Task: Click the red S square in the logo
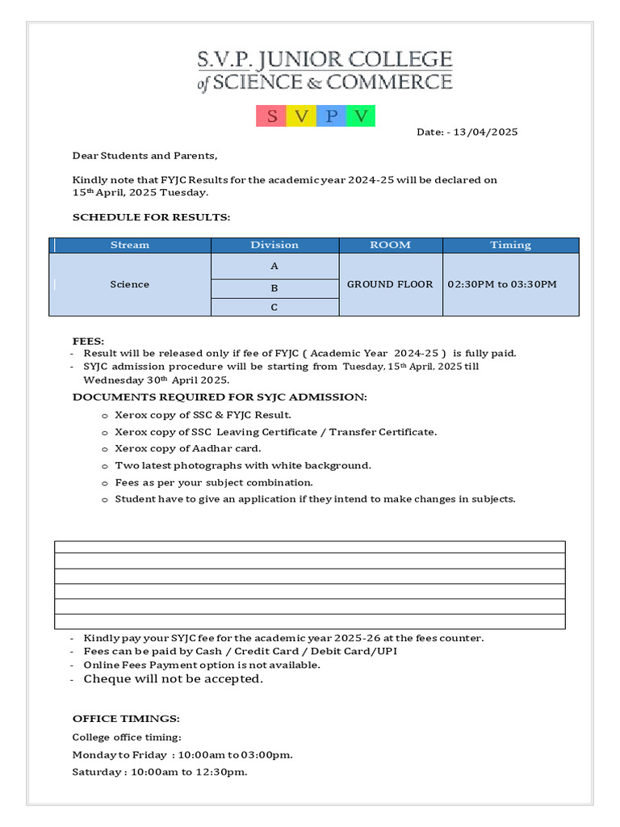pyautogui.click(x=271, y=116)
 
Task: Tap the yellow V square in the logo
pyautogui.click(x=301, y=116)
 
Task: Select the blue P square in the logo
pyautogui.click(x=331, y=116)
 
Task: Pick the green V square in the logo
pyautogui.click(x=361, y=116)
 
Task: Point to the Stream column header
pyautogui.click(x=130, y=245)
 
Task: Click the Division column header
pyautogui.click(x=274, y=245)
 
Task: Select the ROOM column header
pyautogui.click(x=390, y=245)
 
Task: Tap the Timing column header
pyautogui.click(x=510, y=245)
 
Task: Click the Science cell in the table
pyautogui.click(x=130, y=284)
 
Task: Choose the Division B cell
pyautogui.click(x=274, y=288)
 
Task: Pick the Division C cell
pyautogui.click(x=274, y=308)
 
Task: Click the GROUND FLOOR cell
pyautogui.click(x=390, y=284)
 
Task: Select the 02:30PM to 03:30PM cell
pyautogui.click(x=501, y=284)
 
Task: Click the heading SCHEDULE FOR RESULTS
pyautogui.click(x=151, y=217)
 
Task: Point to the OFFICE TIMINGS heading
pyautogui.click(x=126, y=718)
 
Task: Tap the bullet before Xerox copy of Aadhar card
pyautogui.click(x=104, y=450)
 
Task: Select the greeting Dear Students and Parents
pyautogui.click(x=145, y=156)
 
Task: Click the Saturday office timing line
pyautogui.click(x=159, y=772)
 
